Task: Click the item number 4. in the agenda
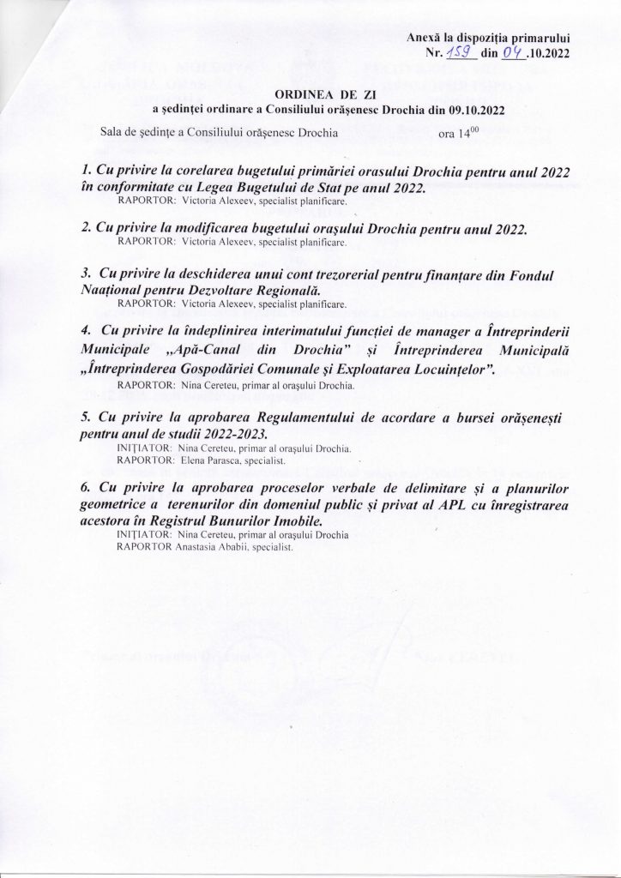pos(82,332)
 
